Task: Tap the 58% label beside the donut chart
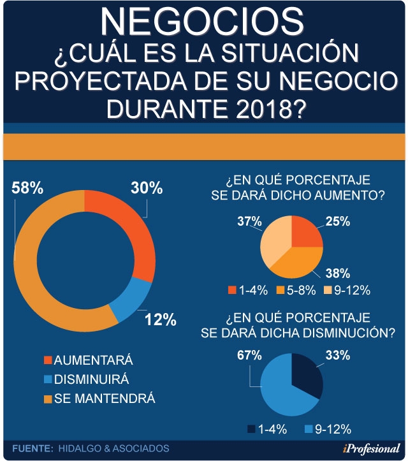[27, 189]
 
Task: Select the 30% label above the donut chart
[147, 189]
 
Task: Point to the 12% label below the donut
[160, 319]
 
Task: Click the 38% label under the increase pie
[336, 275]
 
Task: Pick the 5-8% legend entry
[296, 290]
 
